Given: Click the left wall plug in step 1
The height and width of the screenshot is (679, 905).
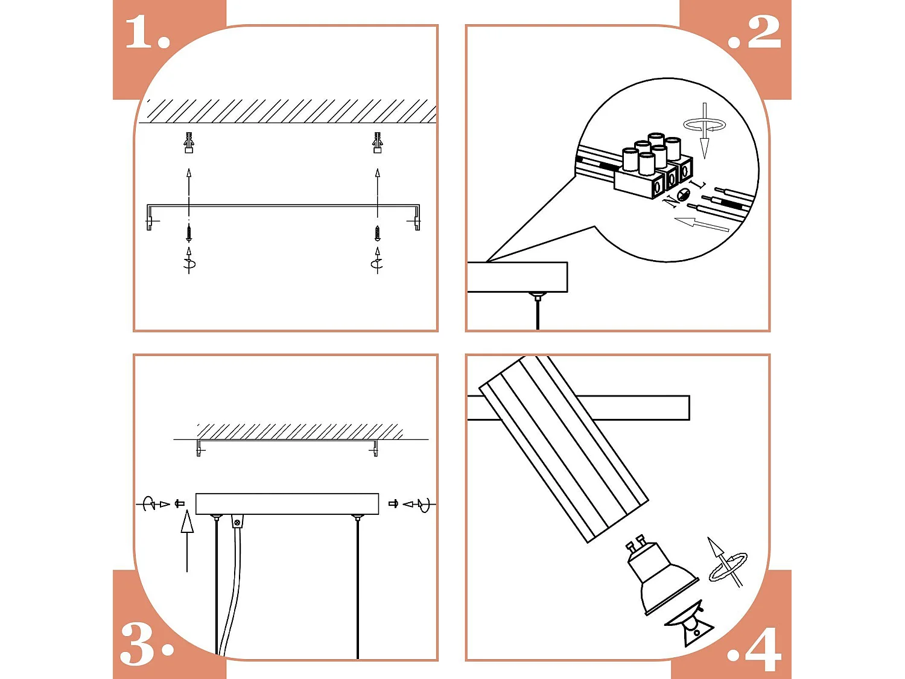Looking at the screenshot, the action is [189, 142].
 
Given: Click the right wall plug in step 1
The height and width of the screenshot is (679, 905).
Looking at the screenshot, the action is [377, 142].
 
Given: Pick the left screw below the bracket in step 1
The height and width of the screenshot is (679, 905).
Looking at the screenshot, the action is [189, 234].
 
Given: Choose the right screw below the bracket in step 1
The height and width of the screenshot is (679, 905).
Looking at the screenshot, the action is [377, 234].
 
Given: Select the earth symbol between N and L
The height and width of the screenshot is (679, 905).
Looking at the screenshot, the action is [684, 194].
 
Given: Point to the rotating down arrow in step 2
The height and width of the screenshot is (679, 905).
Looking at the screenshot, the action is [705, 130].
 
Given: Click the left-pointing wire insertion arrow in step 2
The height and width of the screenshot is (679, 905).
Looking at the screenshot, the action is [701, 225].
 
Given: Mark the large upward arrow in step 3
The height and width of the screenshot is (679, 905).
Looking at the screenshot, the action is [187, 541].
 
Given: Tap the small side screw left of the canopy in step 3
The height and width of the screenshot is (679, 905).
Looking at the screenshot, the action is [179, 503].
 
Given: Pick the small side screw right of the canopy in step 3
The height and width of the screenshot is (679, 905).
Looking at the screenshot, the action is [393, 503].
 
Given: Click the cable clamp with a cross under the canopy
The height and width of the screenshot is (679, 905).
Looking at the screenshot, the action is [237, 521].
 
